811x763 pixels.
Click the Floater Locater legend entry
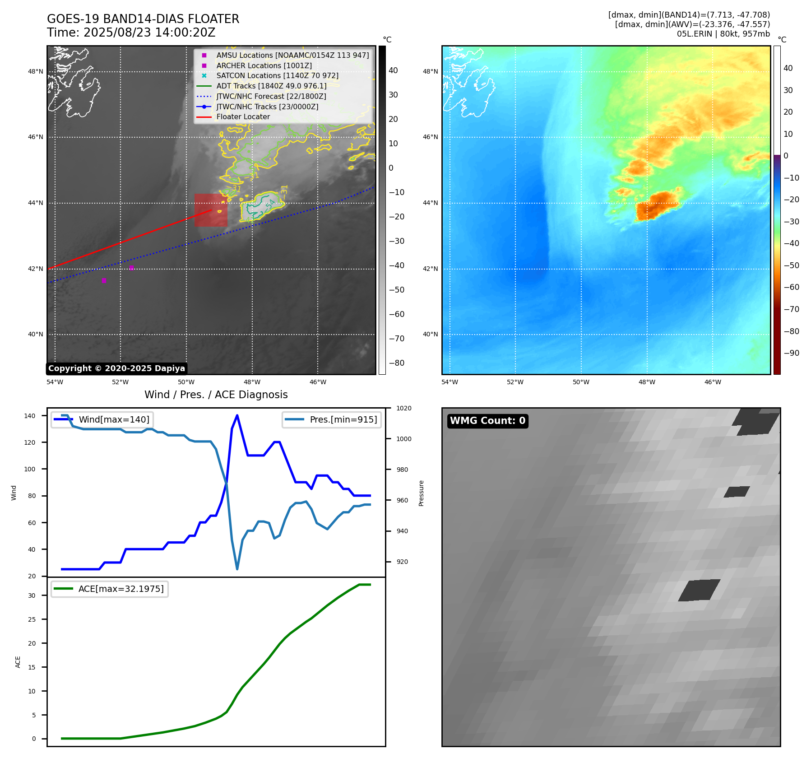pyautogui.click(x=243, y=117)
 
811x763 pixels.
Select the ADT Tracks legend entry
pyautogui.click(x=271, y=86)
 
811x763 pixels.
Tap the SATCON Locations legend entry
pyautogui.click(x=277, y=76)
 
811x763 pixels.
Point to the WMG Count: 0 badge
pyautogui.click(x=487, y=421)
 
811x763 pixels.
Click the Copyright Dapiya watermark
pyautogui.click(x=116, y=368)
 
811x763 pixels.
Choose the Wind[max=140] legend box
pyautogui.click(x=102, y=419)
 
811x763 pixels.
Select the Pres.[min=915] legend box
pyautogui.click(x=332, y=419)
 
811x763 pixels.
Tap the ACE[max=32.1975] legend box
pyautogui.click(x=110, y=589)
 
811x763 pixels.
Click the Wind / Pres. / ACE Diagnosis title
pyautogui.click(x=216, y=395)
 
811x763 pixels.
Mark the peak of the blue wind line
pyautogui.click(x=237, y=415)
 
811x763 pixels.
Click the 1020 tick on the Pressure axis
pyautogui.click(x=403, y=408)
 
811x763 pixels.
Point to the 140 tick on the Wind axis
pyautogui.click(x=30, y=416)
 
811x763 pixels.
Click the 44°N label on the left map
pyautogui.click(x=36, y=203)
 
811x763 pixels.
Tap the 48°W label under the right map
pyautogui.click(x=647, y=382)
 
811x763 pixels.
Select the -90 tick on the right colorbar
pyautogui.click(x=791, y=353)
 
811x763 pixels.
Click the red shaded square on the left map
pyautogui.click(x=211, y=210)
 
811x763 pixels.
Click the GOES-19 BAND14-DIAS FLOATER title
pyautogui.click(x=143, y=19)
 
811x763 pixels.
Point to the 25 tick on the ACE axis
pyautogui.click(x=32, y=619)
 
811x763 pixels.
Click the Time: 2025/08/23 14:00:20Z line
pyautogui.click(x=131, y=33)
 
